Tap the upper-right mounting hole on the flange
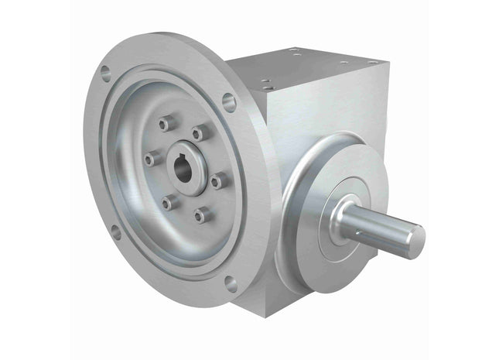228,100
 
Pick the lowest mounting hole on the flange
231,283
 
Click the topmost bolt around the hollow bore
163,124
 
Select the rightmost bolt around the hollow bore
220,180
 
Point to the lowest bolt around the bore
203,214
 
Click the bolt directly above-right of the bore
200,134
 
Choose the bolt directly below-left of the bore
168,204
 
